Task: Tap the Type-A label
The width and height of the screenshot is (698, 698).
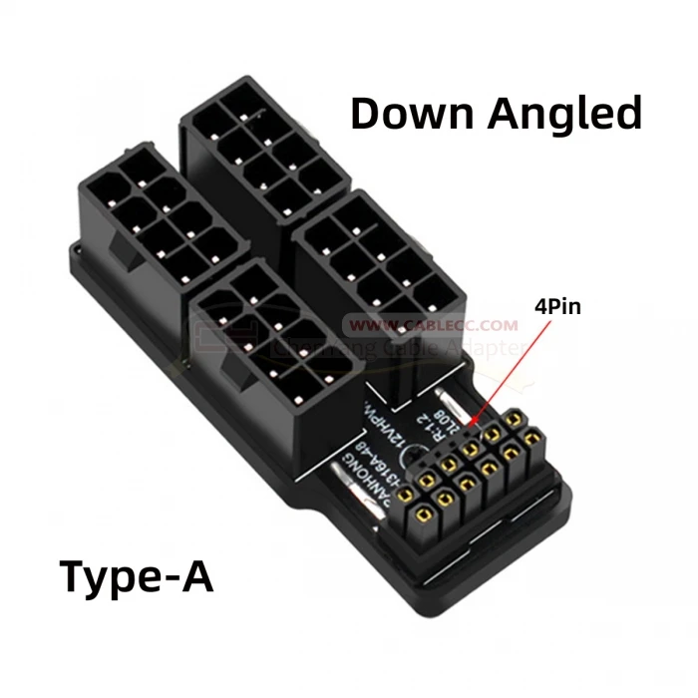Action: (x=137, y=576)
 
